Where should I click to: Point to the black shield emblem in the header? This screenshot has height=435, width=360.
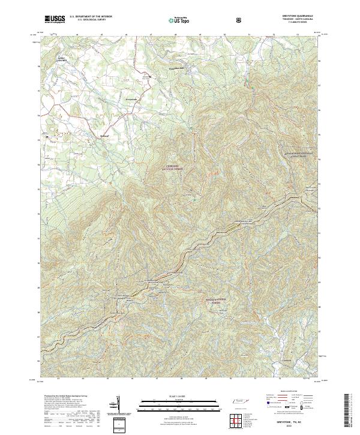click(240, 20)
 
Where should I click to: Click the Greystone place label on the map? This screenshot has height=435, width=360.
click(131, 98)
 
